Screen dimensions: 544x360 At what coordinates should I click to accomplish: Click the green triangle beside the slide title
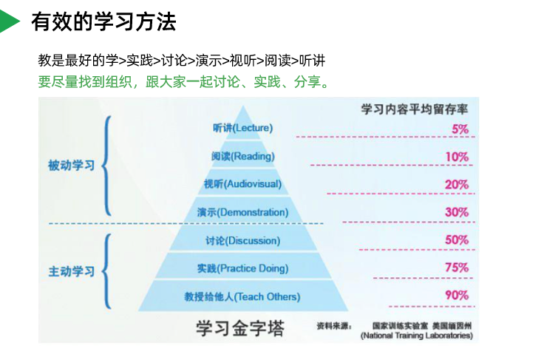[x=10, y=21]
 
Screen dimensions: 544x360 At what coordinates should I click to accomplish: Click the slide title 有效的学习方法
[x=103, y=22]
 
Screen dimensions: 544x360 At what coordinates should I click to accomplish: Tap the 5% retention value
[x=460, y=129]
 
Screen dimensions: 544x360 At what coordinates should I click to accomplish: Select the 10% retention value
[x=457, y=157]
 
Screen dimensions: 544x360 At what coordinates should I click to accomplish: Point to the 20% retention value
[x=457, y=184]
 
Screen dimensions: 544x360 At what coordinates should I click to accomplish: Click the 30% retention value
[x=457, y=212]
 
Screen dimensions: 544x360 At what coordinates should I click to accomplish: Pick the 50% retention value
[x=457, y=240]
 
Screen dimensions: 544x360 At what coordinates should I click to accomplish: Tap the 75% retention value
[x=457, y=268]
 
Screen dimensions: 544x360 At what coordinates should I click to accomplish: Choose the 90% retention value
[x=457, y=295]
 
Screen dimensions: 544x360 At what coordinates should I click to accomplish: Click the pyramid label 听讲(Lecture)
[x=242, y=128]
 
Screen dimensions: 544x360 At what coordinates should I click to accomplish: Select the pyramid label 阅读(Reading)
[x=242, y=156]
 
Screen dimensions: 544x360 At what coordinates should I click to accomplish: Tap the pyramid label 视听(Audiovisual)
[x=242, y=184]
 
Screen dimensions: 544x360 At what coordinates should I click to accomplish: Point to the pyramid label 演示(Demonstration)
[x=242, y=213]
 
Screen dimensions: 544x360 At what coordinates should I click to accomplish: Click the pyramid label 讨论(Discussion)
[x=242, y=240]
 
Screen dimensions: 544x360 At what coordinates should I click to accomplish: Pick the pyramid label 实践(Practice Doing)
[x=242, y=268]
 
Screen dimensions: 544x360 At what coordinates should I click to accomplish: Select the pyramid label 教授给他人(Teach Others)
[x=242, y=297]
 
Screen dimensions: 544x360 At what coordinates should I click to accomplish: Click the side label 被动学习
[x=72, y=166]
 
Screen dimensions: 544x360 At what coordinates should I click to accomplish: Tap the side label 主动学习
[x=72, y=271]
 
